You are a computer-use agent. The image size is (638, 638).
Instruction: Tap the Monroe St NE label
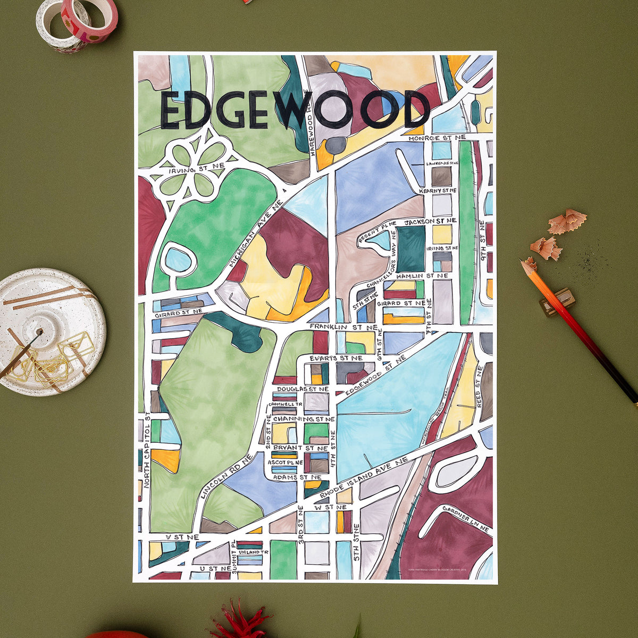(436, 138)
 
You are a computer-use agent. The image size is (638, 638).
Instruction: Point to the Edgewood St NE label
(375, 377)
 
